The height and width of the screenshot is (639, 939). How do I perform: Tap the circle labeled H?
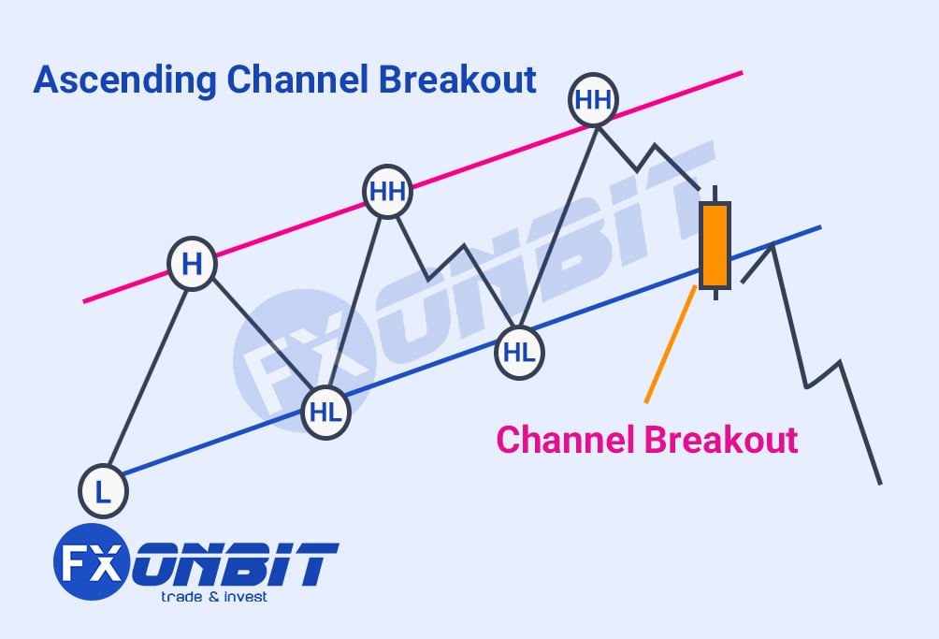[x=192, y=265]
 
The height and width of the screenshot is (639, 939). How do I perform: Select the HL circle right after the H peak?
[x=325, y=413]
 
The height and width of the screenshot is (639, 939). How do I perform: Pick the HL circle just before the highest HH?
[x=519, y=353]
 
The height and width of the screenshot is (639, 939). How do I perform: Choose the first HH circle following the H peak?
[x=387, y=192]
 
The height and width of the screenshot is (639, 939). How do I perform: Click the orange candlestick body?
[x=715, y=244]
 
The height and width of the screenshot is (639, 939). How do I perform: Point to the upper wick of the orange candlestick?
[x=715, y=194]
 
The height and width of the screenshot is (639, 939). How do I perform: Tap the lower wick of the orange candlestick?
[x=715, y=293]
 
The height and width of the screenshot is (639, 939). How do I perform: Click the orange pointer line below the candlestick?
[x=669, y=346]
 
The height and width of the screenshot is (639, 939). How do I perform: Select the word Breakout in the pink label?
[x=719, y=439]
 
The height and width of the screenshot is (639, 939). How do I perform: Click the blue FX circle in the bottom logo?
[x=91, y=562]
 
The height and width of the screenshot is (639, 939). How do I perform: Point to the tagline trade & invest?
[x=213, y=597]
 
